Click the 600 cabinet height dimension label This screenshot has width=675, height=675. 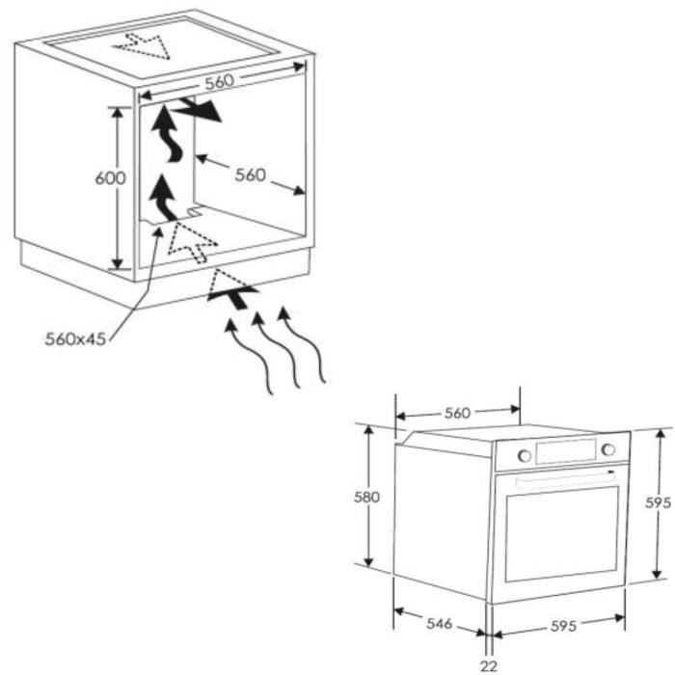point(111,177)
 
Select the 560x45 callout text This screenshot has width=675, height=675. point(75,339)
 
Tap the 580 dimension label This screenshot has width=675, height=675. point(366,498)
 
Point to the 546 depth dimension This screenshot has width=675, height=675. point(439,623)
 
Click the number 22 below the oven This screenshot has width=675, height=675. point(489,666)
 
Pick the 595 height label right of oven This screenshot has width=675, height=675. point(659,502)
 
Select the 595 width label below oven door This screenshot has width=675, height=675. point(563,626)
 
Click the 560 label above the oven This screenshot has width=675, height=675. point(457,414)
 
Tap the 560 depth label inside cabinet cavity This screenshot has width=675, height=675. point(250,175)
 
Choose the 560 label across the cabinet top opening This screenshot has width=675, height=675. point(220,82)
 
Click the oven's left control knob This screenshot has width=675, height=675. point(525,455)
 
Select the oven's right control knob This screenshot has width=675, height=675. point(608,449)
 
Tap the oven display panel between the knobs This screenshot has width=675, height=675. point(566,451)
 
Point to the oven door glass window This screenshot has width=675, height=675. point(562,534)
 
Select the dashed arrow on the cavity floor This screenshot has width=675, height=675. point(192,242)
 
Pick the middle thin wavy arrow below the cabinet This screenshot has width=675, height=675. point(275,350)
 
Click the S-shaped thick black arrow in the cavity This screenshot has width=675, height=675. point(168,133)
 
